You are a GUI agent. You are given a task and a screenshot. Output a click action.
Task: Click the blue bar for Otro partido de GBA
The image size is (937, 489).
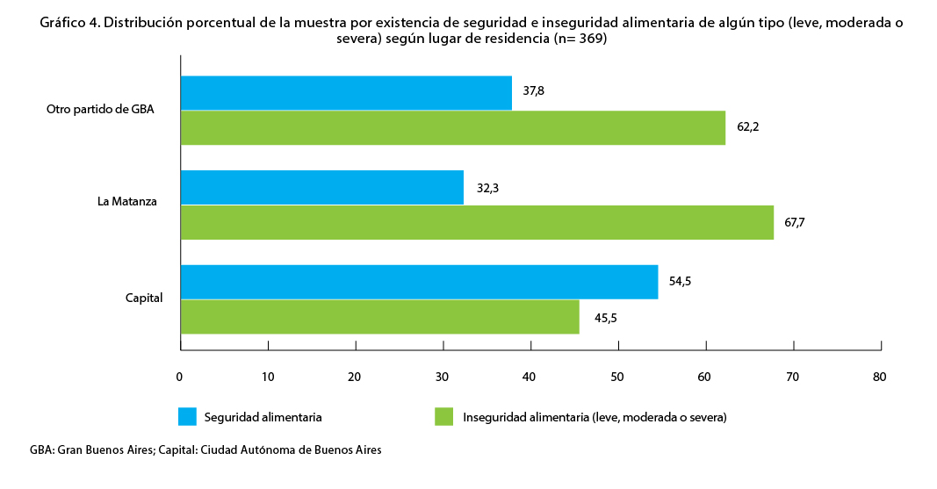(x=346, y=93)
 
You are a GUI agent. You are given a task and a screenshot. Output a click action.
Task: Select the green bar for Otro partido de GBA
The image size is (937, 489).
(x=452, y=127)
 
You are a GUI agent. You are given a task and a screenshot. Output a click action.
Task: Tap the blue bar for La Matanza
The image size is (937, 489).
(x=321, y=188)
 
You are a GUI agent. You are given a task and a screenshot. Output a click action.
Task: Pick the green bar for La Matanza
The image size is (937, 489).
(x=477, y=222)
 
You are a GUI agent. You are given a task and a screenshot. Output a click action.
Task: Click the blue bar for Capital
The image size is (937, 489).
(x=419, y=282)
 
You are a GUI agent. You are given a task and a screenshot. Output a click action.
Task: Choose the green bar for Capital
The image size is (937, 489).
(x=379, y=317)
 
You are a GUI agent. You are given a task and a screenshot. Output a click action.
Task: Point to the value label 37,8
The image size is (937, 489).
(x=534, y=90)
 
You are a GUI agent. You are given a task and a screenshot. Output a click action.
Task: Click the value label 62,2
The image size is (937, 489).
(x=747, y=126)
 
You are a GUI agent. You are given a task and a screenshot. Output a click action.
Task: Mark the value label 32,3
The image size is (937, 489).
(x=486, y=187)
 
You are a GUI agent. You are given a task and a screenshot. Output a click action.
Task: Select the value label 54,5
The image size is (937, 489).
(x=681, y=282)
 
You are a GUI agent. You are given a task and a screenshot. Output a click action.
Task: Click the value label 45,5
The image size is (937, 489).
(x=606, y=318)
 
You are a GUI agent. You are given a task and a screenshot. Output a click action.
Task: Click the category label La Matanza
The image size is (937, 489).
(x=127, y=202)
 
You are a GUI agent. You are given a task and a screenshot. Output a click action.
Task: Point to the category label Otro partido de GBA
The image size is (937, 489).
(x=101, y=110)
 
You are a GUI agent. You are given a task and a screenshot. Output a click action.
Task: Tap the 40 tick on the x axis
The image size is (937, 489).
(x=530, y=377)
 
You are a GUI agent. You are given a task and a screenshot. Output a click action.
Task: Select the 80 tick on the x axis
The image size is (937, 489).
(x=879, y=377)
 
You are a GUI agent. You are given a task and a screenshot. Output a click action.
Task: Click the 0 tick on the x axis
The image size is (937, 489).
(x=179, y=377)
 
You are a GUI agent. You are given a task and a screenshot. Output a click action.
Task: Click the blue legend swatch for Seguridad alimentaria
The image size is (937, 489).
(x=187, y=416)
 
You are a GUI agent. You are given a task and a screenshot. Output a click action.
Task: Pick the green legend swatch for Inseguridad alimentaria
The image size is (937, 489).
(x=444, y=416)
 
